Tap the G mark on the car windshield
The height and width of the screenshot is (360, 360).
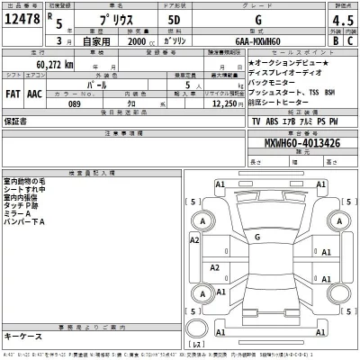click(x=258, y=237)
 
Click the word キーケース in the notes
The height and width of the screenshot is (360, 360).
click(x=23, y=334)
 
